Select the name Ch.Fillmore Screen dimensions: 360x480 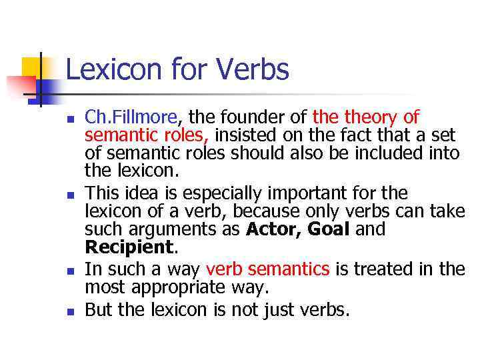(x=131, y=118)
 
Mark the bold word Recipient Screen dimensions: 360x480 (x=129, y=248)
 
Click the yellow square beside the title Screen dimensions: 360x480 (x=32, y=69)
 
